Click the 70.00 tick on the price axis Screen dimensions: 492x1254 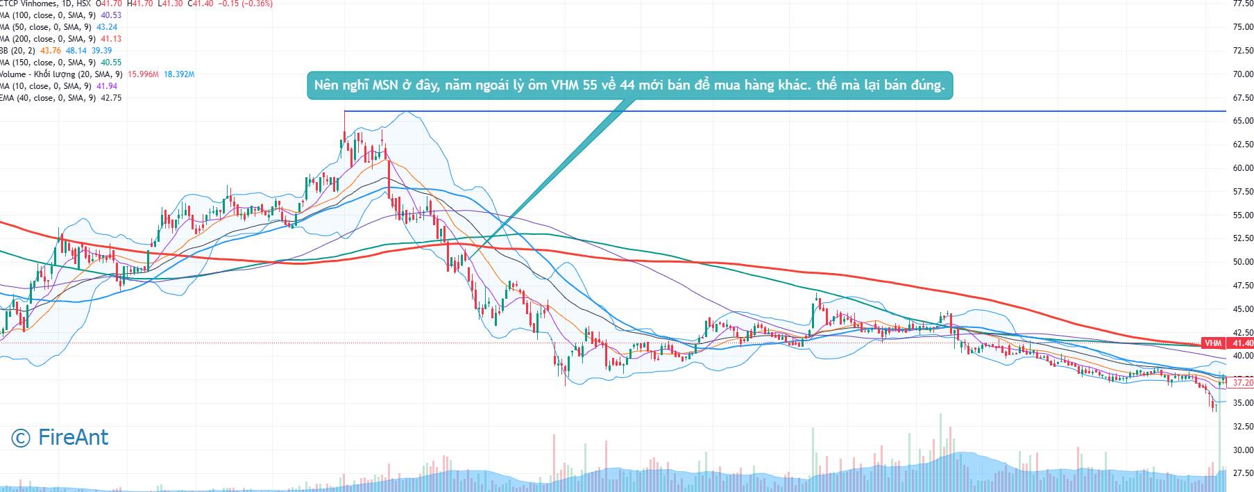(x=1242, y=74)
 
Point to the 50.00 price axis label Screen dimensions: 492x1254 (x=1242, y=262)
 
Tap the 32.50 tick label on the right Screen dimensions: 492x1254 (x=1242, y=426)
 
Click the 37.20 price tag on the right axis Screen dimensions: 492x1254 (x=1241, y=382)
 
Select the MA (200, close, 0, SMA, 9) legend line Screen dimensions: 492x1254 (x=49, y=39)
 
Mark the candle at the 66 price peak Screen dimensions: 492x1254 (x=345, y=129)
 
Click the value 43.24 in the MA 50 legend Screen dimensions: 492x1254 (x=107, y=27)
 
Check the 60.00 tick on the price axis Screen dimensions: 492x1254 (x=1242, y=167)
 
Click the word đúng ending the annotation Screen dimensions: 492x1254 (x=926, y=86)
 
